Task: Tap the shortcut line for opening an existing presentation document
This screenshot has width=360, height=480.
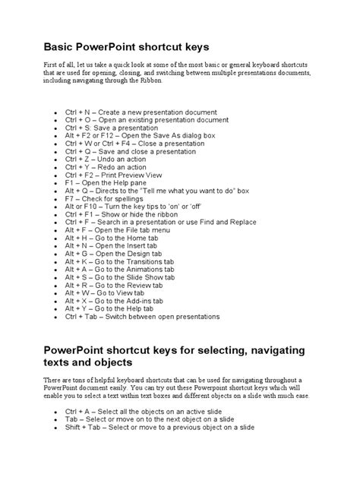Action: click(x=146, y=120)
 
